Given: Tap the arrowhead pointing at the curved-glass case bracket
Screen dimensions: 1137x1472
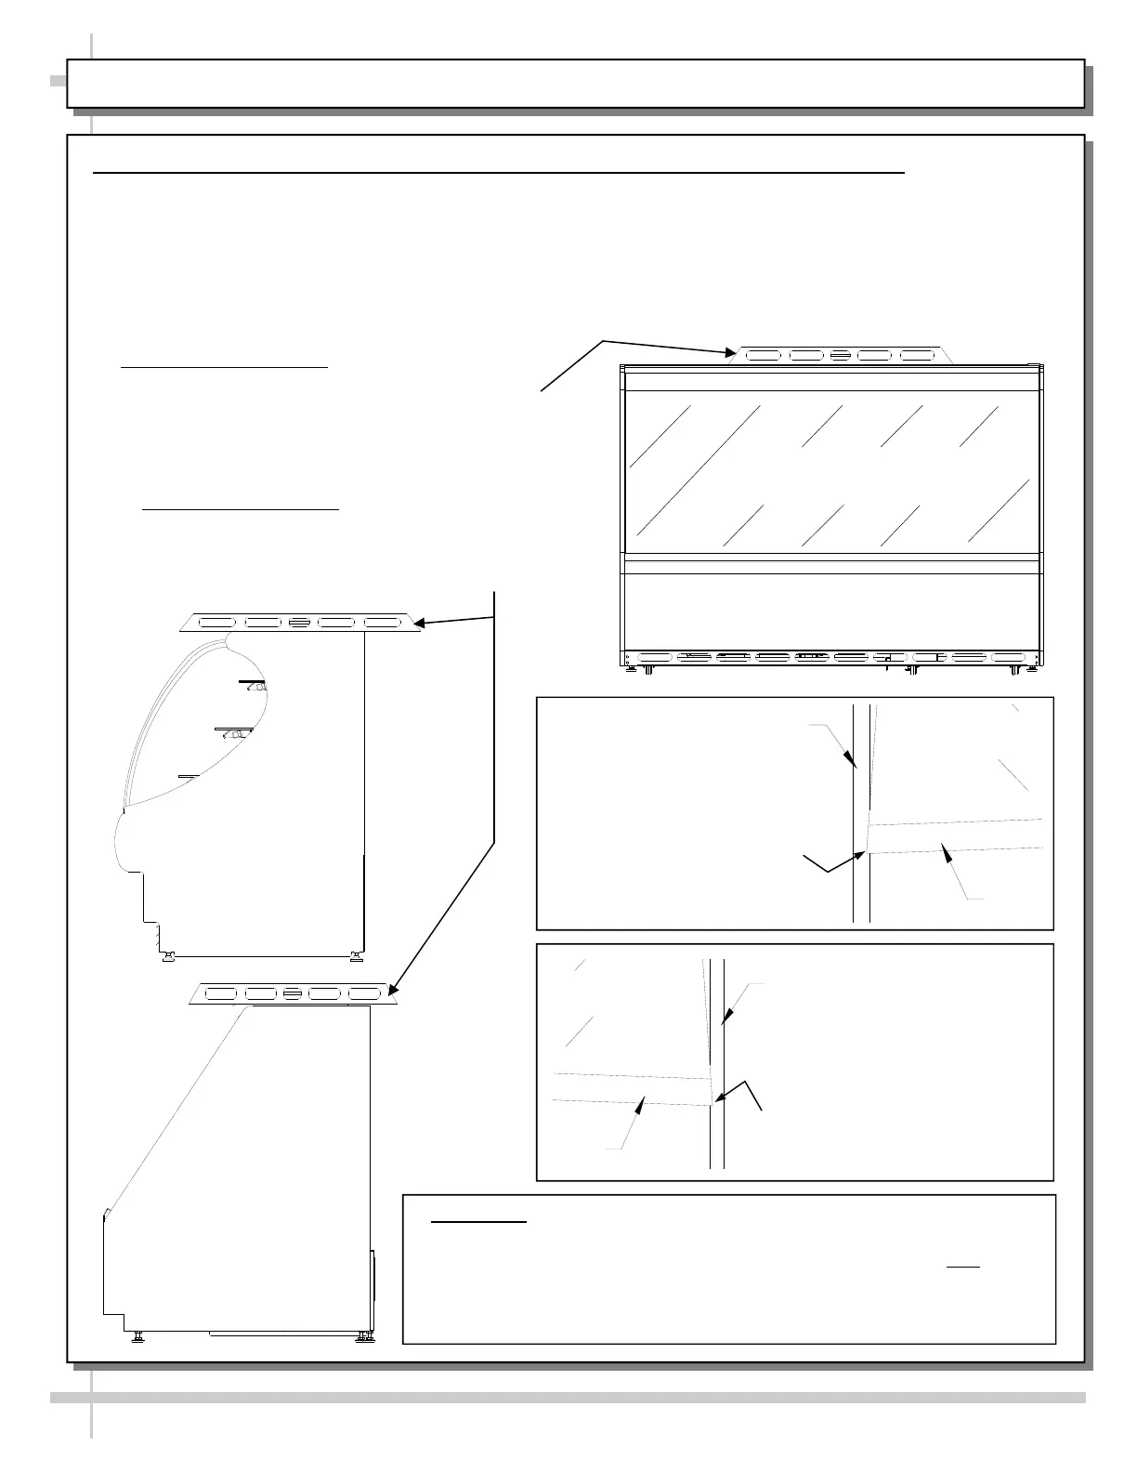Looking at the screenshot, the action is (x=417, y=624).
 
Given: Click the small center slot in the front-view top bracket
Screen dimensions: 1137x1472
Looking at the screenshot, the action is (x=841, y=355).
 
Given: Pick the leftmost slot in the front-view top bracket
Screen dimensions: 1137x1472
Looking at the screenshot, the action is (x=761, y=355).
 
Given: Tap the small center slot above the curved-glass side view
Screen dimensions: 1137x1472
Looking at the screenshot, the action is (x=299, y=623).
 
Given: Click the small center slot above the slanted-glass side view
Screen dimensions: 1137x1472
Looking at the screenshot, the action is (x=292, y=994).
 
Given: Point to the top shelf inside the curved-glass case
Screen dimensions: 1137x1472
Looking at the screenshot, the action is (x=253, y=684).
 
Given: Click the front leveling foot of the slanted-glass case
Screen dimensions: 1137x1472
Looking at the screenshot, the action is (x=138, y=1336).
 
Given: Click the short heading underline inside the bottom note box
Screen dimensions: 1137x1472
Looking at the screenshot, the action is (x=479, y=1222).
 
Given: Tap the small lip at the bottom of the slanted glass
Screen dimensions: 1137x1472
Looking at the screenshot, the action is (x=108, y=1213).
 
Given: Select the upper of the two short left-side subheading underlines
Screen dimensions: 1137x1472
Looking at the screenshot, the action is (x=224, y=367).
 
